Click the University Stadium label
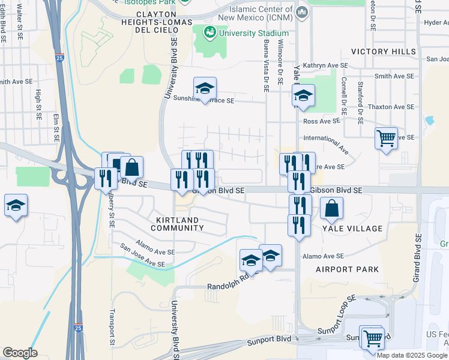tap(252, 32)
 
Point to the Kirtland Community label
tap(177, 224)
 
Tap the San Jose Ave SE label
tap(142, 255)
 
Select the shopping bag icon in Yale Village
tap(331, 210)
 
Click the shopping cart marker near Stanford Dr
tap(386, 138)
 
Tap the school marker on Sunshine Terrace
tap(205, 89)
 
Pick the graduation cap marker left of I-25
tap(16, 206)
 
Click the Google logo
tap(20, 353)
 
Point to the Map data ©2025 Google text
tap(412, 355)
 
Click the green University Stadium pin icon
tap(210, 32)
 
